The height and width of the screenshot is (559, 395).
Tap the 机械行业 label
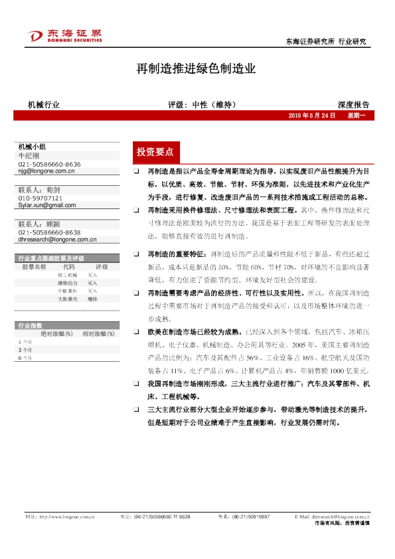[x=44, y=105]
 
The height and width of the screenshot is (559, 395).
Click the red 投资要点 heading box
[x=155, y=152]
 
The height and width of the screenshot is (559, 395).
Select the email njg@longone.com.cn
[x=46, y=171]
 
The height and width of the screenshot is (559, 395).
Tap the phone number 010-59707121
[x=40, y=198]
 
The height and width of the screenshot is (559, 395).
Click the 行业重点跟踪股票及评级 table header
[x=51, y=258]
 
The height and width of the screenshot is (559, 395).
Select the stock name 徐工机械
[x=67, y=274]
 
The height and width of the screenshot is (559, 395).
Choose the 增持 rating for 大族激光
[x=92, y=298]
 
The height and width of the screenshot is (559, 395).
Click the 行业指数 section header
[x=31, y=325]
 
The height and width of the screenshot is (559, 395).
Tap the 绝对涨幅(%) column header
[x=56, y=333]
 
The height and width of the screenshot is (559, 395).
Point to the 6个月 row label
[x=25, y=358]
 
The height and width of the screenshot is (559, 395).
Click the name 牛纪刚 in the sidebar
[x=29, y=155]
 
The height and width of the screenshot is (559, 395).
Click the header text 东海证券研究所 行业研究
[x=325, y=41]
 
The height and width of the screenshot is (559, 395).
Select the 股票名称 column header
[x=35, y=266]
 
